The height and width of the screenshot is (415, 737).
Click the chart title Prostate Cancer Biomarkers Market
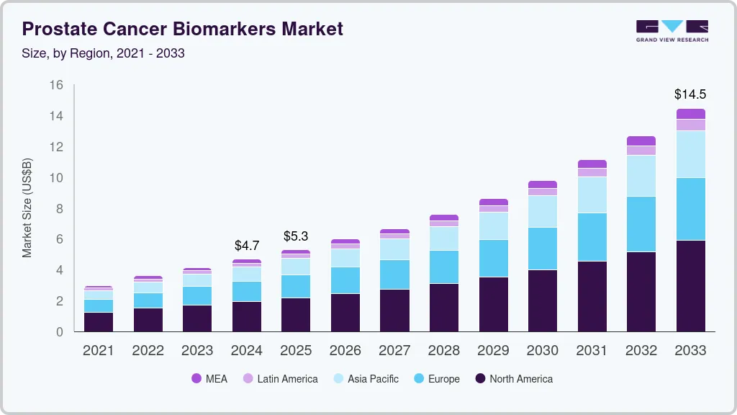click(182, 29)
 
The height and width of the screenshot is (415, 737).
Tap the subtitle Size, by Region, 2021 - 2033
click(103, 53)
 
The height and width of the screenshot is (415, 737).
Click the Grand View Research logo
click(672, 30)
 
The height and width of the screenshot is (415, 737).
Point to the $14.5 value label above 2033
click(689, 94)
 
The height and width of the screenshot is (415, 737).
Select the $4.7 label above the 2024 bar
click(246, 245)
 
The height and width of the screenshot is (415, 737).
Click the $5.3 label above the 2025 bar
click(295, 236)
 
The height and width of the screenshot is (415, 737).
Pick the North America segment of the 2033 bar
click(690, 285)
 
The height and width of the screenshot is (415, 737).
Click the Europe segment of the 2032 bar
click(641, 224)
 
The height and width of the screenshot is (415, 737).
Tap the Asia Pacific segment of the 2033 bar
click(690, 154)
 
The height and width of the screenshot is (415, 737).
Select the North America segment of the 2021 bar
click(99, 321)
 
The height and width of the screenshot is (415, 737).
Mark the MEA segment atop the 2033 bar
click(690, 114)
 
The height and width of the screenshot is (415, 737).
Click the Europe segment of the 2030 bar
click(542, 249)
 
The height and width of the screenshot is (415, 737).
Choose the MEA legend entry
click(209, 379)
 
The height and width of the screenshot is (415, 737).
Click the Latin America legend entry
click(280, 379)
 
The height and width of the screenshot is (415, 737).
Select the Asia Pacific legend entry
click(365, 379)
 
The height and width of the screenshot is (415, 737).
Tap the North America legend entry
click(513, 379)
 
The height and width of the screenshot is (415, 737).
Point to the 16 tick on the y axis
click(56, 85)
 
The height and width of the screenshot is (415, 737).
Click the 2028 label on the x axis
click(443, 351)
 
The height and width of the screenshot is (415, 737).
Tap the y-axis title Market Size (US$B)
click(27, 208)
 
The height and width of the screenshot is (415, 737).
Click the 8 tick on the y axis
click(60, 209)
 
